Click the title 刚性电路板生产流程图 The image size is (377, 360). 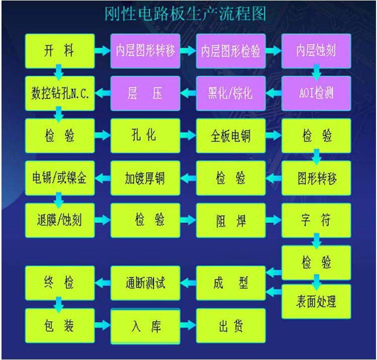tap(184, 14)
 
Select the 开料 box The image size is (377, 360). tap(59, 51)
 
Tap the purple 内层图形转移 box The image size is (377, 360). tap(145, 51)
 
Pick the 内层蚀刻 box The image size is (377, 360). tap(316, 51)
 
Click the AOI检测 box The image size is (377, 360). tap(316, 93)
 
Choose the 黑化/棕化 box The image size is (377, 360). tap(230, 93)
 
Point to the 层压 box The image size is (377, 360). tap(145, 93)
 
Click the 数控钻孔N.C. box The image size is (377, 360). tap(59, 93)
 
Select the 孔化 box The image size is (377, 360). tap(145, 136)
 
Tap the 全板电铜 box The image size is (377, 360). tap(230, 136)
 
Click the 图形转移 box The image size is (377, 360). tap(316, 178)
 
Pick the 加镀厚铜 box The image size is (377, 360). tap(145, 178)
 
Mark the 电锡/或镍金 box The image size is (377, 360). tap(59, 178)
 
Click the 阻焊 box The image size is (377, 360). tap(230, 220)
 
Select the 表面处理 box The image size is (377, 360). tap(316, 301)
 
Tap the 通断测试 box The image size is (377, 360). tap(145, 283)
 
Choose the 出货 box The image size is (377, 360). tap(230, 326)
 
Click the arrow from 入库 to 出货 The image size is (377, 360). tap(187, 326)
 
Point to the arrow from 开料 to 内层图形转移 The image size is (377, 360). tap(103, 51)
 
